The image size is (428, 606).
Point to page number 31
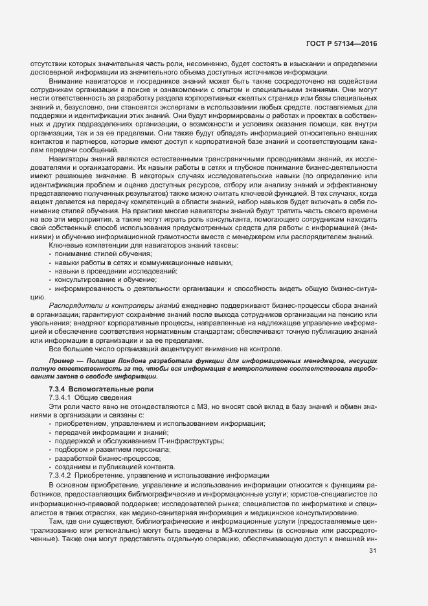[372, 551]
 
